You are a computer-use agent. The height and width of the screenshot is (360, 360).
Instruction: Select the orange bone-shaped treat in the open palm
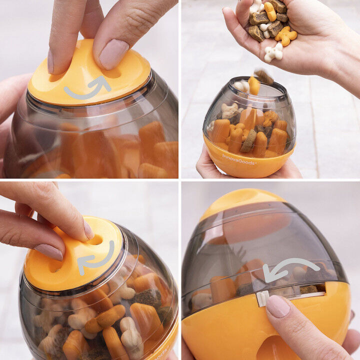(286, 35)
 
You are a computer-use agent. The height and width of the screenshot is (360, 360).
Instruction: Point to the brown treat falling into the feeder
(263, 76)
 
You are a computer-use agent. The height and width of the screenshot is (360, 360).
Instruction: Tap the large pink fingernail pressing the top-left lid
(113, 54)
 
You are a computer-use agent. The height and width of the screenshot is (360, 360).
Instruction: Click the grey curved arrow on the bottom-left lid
(95, 258)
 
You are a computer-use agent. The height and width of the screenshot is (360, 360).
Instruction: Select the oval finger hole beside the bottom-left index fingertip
(95, 240)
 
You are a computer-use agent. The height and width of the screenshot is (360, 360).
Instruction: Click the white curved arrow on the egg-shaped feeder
(290, 268)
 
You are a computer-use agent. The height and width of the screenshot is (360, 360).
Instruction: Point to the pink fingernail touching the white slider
(277, 305)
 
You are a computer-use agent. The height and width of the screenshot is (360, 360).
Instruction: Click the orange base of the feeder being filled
(250, 162)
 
